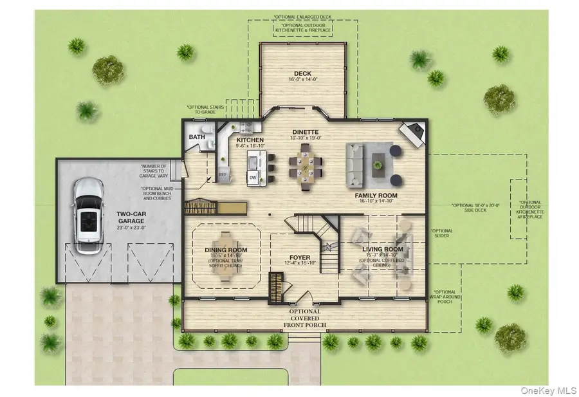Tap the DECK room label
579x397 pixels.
(x=302, y=74)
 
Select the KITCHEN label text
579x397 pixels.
(x=250, y=139)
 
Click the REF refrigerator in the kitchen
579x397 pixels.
(x=223, y=174)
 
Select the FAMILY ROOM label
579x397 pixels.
(x=376, y=195)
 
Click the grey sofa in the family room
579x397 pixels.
(x=355, y=160)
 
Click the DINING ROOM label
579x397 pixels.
(x=226, y=250)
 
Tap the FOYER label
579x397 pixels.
(x=300, y=257)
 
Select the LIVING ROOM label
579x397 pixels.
(x=383, y=249)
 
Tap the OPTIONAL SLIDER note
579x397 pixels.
(x=441, y=234)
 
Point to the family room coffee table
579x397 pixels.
(x=378, y=162)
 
